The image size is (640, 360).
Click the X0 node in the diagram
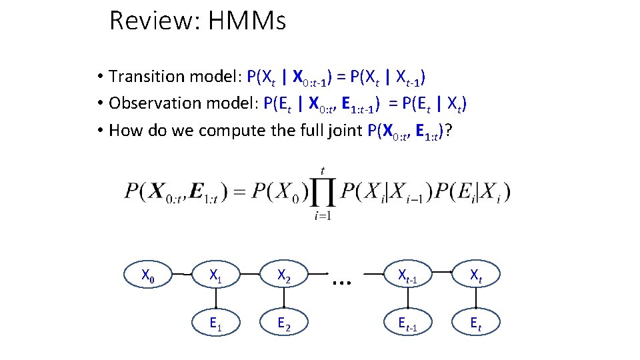[x=149, y=274]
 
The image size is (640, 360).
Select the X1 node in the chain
[x=215, y=274]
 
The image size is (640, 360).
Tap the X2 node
[x=283, y=274]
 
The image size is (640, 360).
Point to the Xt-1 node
[x=407, y=274]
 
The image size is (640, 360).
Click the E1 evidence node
[x=215, y=324]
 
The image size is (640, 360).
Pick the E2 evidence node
[x=283, y=324]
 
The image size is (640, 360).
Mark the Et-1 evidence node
[x=407, y=324]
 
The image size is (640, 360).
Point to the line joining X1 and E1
[x=215, y=299]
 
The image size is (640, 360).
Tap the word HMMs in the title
[x=247, y=21]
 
